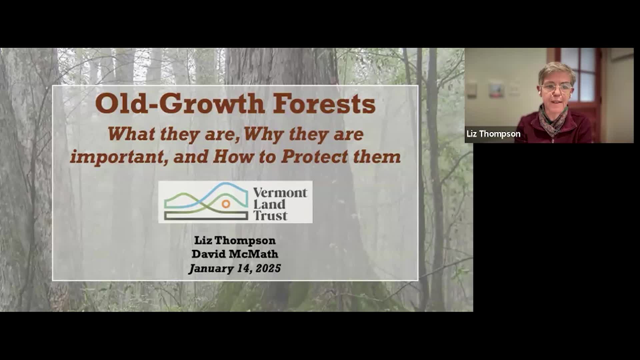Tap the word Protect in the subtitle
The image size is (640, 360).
[314, 157]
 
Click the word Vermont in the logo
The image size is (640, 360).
[280, 193]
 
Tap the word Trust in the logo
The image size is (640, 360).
[270, 216]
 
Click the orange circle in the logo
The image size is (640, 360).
[226, 204]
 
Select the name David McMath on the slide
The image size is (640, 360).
[235, 254]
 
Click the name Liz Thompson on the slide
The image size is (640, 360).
[235, 240]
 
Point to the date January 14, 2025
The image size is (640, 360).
[235, 268]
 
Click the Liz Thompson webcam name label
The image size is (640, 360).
[493, 134]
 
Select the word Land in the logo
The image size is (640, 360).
[269, 204]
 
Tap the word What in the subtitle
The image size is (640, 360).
[131, 134]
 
